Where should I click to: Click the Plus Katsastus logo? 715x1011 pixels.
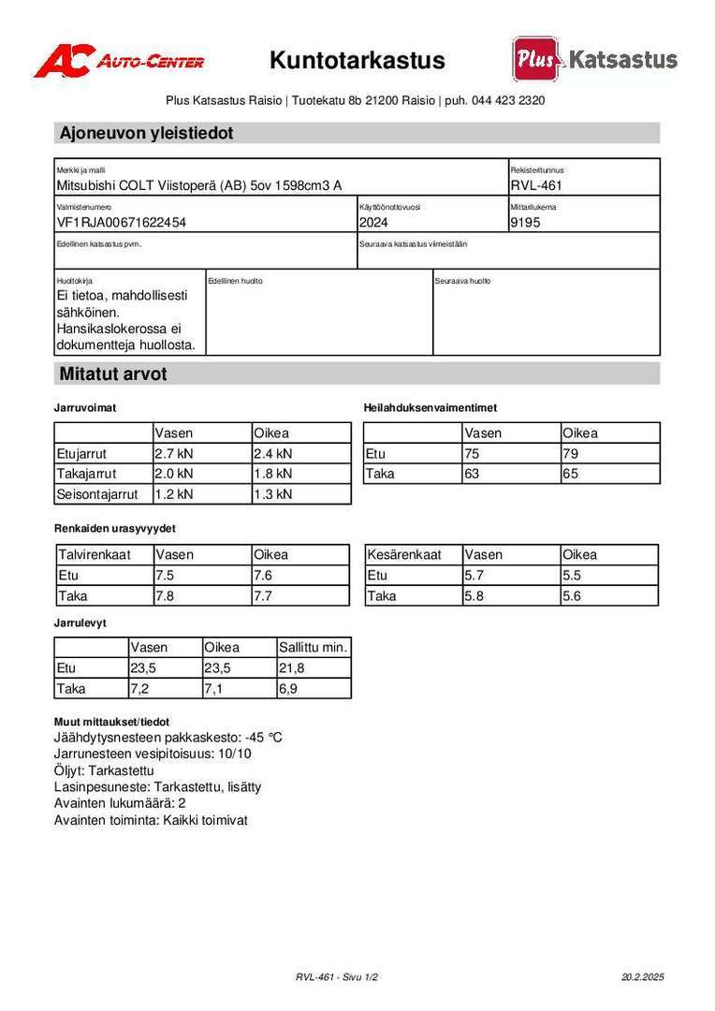(594, 59)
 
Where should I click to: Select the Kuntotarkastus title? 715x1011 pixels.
(357, 61)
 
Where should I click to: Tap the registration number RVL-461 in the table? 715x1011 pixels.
(536, 185)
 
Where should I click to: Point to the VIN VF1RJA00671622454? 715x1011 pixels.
(121, 223)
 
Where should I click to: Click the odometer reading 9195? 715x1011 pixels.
(525, 223)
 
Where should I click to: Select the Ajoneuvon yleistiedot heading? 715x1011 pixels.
(146, 133)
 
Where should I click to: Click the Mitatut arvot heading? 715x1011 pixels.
(113, 374)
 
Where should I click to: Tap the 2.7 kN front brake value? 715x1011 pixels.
(174, 453)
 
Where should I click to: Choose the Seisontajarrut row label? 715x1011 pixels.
(97, 493)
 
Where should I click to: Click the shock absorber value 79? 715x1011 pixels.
(571, 453)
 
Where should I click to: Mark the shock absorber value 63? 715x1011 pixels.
(472, 474)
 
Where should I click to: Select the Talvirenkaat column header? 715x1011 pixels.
(93, 554)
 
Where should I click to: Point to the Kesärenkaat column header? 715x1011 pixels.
(404, 554)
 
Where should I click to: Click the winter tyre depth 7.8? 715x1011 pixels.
(165, 595)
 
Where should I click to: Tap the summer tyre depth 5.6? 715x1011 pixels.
(572, 595)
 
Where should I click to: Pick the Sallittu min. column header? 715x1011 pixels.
(314, 647)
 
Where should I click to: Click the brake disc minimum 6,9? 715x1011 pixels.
(290, 688)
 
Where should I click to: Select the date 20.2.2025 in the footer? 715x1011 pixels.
(642, 976)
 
